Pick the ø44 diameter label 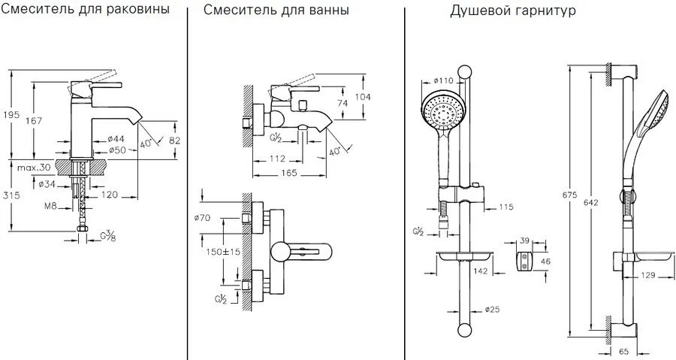coord(115,139)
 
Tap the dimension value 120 coord(110,195)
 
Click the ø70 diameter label coord(201,219)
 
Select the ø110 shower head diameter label coord(445,80)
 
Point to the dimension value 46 coord(546,261)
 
